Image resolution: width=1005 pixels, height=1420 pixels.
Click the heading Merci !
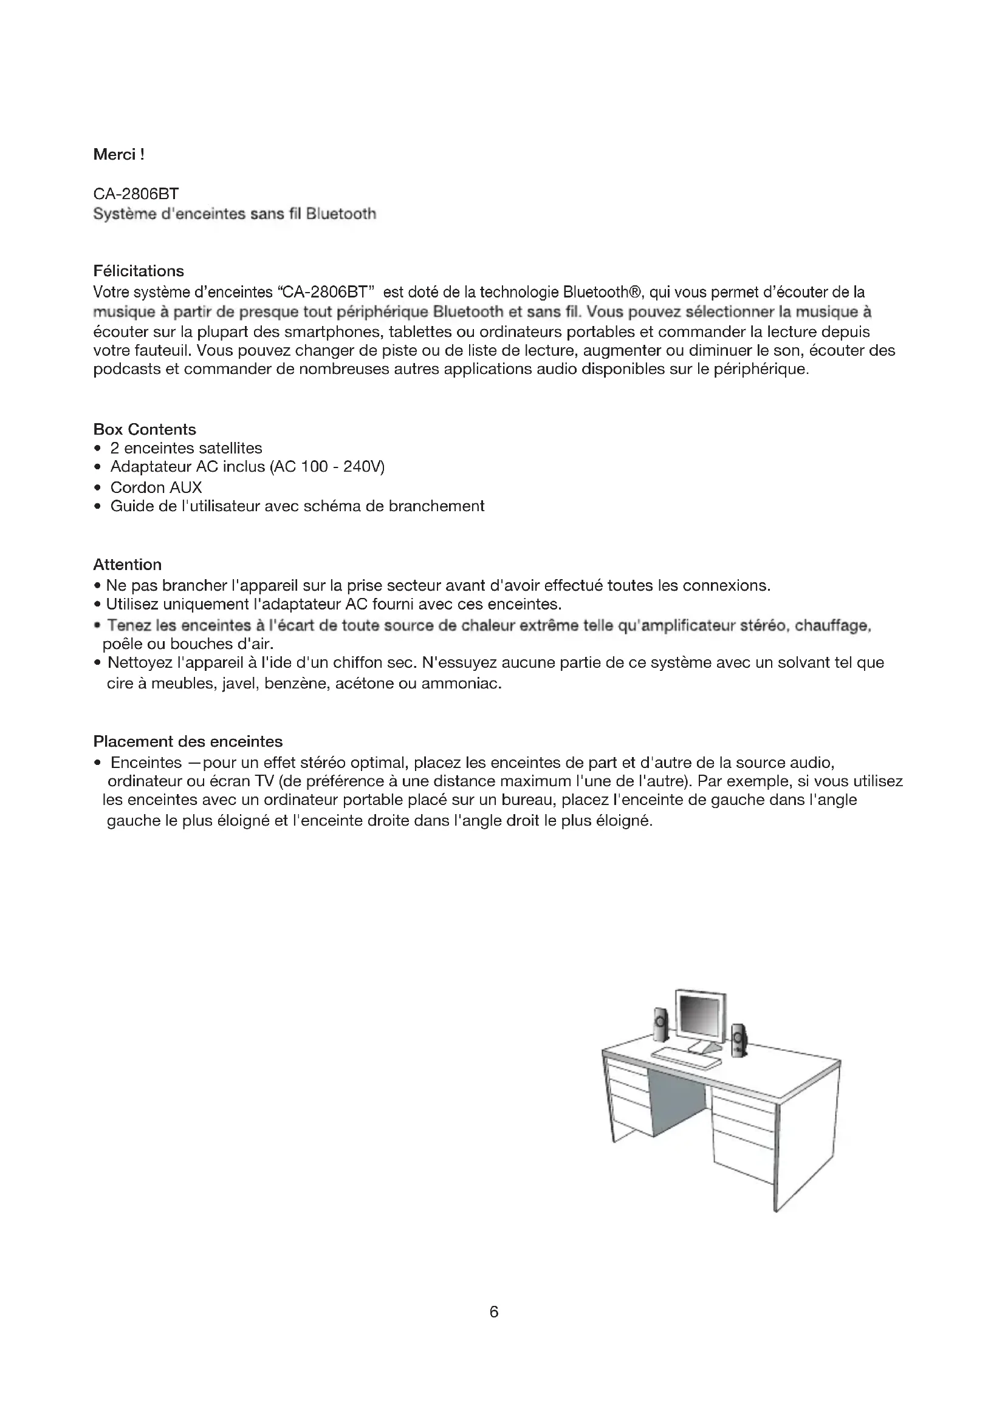point(118,155)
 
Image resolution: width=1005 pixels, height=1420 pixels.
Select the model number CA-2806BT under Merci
point(136,195)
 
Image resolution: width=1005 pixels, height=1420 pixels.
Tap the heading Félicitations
point(139,271)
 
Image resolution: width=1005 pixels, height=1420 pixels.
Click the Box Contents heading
point(144,429)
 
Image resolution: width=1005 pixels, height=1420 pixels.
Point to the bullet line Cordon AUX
point(156,487)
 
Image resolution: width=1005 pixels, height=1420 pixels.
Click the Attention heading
point(127,564)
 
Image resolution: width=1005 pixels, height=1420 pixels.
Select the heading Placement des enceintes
point(188,741)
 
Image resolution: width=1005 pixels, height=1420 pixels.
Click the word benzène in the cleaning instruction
point(296,684)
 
